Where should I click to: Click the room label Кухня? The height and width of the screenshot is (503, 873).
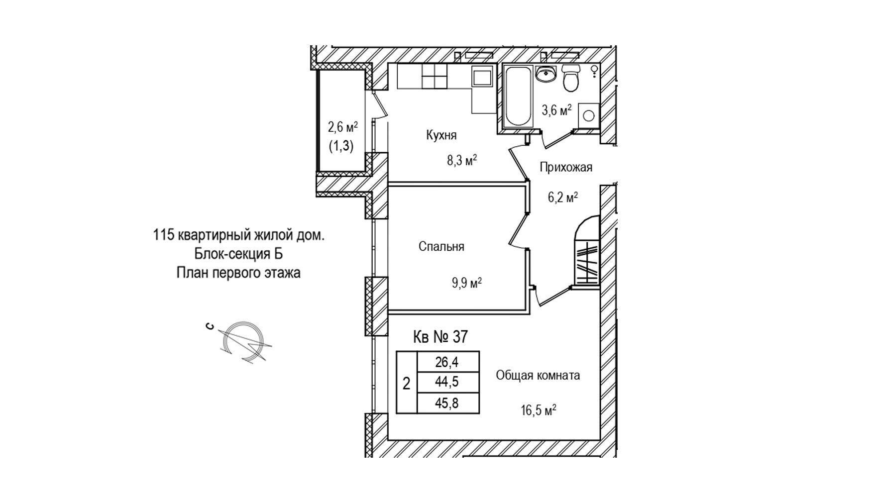441,135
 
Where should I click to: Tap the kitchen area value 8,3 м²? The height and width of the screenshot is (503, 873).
461,160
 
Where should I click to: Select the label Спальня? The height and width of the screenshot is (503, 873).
441,246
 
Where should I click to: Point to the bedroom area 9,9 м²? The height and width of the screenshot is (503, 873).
466,284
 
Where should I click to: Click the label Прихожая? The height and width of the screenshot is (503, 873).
566,167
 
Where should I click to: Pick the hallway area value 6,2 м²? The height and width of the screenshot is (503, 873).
562,197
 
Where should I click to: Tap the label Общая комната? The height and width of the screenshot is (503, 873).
538,375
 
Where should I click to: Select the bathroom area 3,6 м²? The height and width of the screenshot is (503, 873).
556,110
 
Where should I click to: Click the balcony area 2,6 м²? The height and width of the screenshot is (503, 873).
342,127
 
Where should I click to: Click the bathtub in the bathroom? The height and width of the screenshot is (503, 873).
518,97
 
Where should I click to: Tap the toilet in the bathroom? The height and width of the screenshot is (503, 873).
571,78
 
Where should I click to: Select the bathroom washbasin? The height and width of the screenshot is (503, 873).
546,74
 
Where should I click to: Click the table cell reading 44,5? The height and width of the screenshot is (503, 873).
447,382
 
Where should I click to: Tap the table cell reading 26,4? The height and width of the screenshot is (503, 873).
447,362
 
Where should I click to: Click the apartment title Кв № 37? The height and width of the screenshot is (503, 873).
440,337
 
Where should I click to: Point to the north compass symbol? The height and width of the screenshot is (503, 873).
243,341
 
